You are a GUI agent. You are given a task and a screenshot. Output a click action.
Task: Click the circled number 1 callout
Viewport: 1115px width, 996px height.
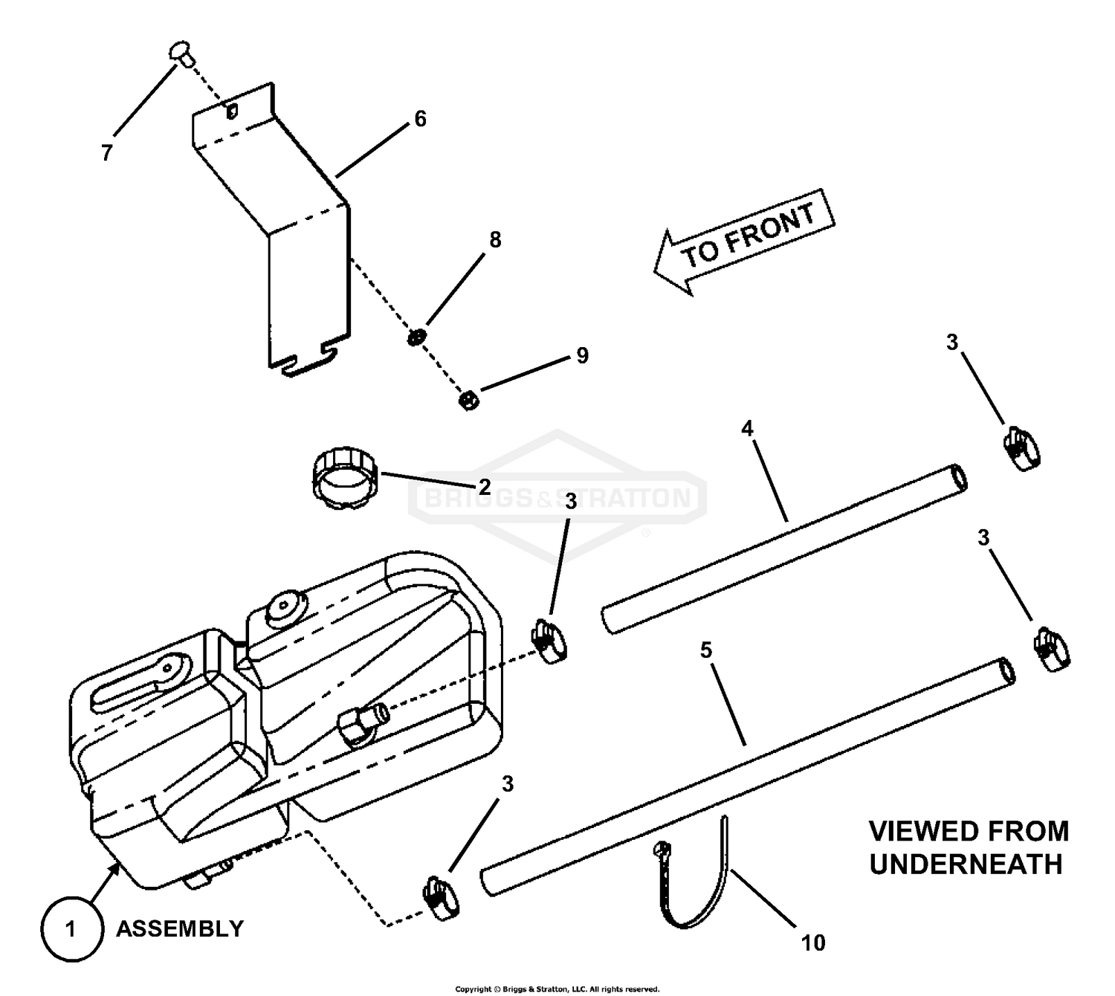pyautogui.click(x=71, y=929)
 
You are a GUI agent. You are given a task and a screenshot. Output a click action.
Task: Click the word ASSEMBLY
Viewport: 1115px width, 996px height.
pyautogui.click(x=180, y=929)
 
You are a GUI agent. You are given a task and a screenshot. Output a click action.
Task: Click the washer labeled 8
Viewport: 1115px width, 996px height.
pyautogui.click(x=416, y=337)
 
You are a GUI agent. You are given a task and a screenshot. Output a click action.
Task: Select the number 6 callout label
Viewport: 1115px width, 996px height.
pyautogui.click(x=420, y=119)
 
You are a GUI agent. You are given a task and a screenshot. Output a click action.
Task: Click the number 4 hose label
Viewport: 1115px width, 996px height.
pyautogui.click(x=747, y=428)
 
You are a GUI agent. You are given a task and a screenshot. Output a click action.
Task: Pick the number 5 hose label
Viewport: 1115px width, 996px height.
pyautogui.click(x=706, y=650)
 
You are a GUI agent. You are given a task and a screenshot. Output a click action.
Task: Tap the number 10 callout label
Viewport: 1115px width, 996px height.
pyautogui.click(x=813, y=943)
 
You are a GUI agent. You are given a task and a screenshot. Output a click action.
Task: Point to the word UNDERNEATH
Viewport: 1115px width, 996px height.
pyautogui.click(x=966, y=865)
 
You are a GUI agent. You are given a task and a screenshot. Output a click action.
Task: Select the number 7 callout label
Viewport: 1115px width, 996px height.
pyautogui.click(x=107, y=153)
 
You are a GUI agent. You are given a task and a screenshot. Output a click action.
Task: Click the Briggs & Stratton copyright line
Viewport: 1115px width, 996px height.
pyautogui.click(x=557, y=989)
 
